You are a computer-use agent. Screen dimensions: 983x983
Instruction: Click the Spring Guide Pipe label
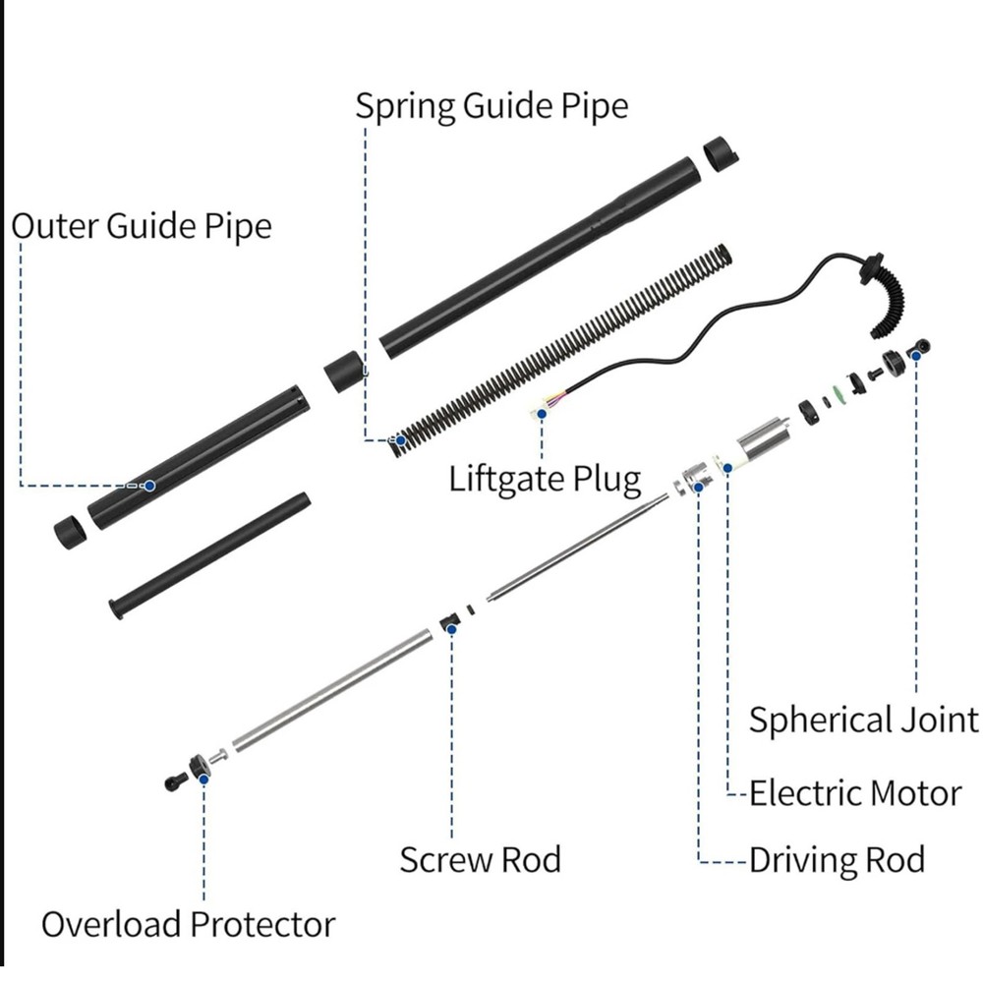pyautogui.click(x=491, y=105)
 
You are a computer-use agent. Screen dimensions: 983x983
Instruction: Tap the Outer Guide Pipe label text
pyautogui.click(x=142, y=226)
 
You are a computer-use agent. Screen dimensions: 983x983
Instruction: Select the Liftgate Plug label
pyautogui.click(x=545, y=480)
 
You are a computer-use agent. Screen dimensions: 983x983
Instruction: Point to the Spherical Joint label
pyautogui.click(x=864, y=720)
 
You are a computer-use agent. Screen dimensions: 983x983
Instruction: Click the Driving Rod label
pyautogui.click(x=837, y=860)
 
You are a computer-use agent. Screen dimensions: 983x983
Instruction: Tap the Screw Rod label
pyautogui.click(x=480, y=859)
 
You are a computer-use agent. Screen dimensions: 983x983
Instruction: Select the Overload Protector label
pyautogui.click(x=188, y=924)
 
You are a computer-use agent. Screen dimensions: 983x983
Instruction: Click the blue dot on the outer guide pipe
pyautogui.click(x=149, y=486)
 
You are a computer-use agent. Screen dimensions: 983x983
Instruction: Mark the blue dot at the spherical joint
pyautogui.click(x=916, y=355)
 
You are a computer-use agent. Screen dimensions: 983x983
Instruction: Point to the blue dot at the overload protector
pyautogui.click(x=203, y=778)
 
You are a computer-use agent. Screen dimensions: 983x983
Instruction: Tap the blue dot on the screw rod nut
pyautogui.click(x=452, y=628)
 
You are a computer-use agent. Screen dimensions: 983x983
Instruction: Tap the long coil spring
pyautogui.click(x=560, y=349)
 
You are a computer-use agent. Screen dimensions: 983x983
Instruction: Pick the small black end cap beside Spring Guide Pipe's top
pyautogui.click(x=721, y=154)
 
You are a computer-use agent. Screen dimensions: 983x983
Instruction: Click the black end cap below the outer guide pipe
pyautogui.click(x=70, y=531)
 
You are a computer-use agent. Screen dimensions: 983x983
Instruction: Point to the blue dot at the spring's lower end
pyautogui.click(x=399, y=439)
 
